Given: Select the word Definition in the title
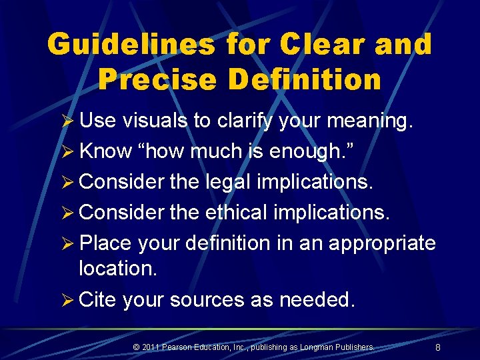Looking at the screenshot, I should [305, 79].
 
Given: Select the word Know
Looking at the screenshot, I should [105, 151].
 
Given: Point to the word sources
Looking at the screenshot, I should [207, 299].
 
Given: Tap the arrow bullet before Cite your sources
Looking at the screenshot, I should [67, 300].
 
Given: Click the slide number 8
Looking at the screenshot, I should [437, 347].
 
